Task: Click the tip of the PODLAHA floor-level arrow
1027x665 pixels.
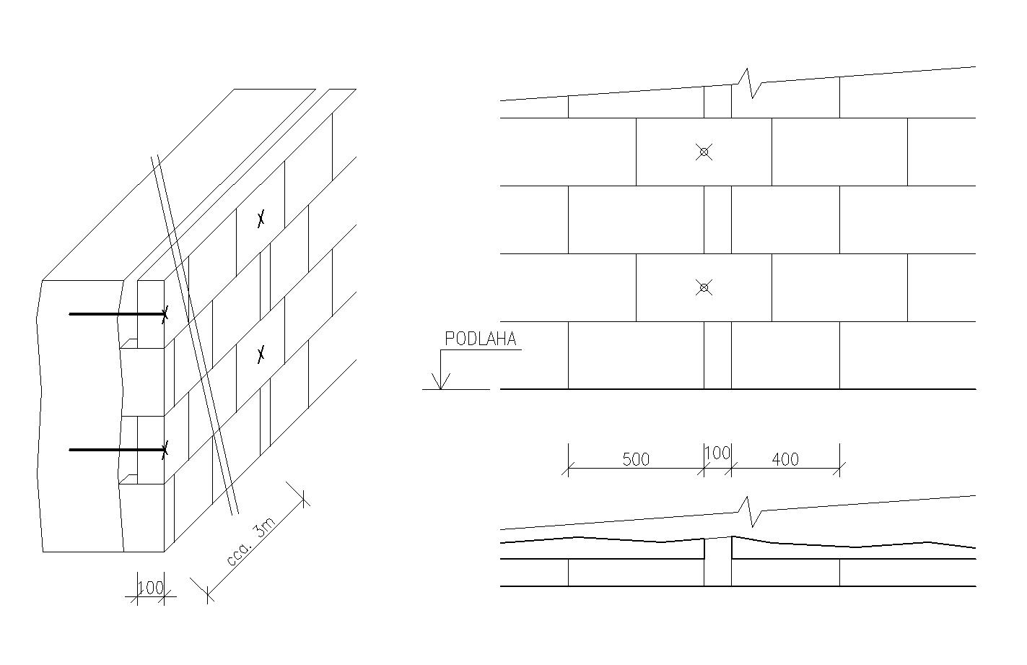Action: tap(440, 389)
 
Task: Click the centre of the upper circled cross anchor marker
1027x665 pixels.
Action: tap(704, 152)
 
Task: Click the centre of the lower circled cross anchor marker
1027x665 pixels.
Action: tap(704, 287)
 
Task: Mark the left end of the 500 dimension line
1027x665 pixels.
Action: tap(569, 469)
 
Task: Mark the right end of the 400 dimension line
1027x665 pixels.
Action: tap(840, 469)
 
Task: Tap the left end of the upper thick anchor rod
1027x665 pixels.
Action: tap(69, 314)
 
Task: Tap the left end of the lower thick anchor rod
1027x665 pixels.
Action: tap(69, 450)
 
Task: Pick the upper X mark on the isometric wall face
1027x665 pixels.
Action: tap(261, 219)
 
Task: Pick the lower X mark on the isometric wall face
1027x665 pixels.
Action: tap(261, 354)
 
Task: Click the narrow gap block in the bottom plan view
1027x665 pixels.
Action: tap(718, 562)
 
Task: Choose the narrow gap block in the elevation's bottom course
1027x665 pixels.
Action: tap(718, 355)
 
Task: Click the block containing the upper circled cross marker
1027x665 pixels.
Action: tap(704, 152)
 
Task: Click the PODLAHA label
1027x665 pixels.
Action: tap(481, 339)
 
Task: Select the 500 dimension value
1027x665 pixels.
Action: tap(636, 459)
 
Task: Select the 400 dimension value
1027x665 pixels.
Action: tap(785, 459)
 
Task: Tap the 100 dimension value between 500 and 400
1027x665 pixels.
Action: tap(717, 453)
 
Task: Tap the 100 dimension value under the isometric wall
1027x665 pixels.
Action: tap(151, 587)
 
